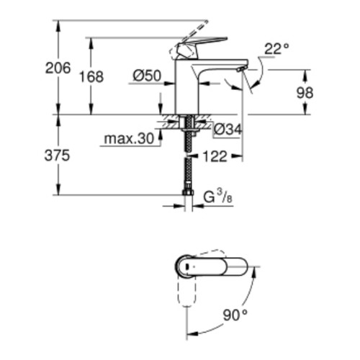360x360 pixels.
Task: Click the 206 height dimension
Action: point(58,68)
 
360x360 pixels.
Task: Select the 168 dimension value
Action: point(91,77)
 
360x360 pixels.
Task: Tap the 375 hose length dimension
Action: point(57,156)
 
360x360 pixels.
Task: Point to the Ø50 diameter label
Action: point(147,76)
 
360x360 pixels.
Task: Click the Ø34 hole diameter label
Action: point(228,130)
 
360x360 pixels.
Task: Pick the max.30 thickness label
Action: point(129,139)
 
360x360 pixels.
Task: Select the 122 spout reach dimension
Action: point(215,156)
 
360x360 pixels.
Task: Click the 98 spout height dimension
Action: point(305,93)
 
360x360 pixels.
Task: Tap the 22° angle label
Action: point(276,49)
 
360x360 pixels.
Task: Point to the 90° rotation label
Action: point(235,315)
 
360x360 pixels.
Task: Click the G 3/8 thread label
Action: point(218,197)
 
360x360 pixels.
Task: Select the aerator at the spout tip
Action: point(240,70)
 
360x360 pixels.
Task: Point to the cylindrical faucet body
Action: point(187,86)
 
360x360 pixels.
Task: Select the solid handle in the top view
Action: point(211,266)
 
